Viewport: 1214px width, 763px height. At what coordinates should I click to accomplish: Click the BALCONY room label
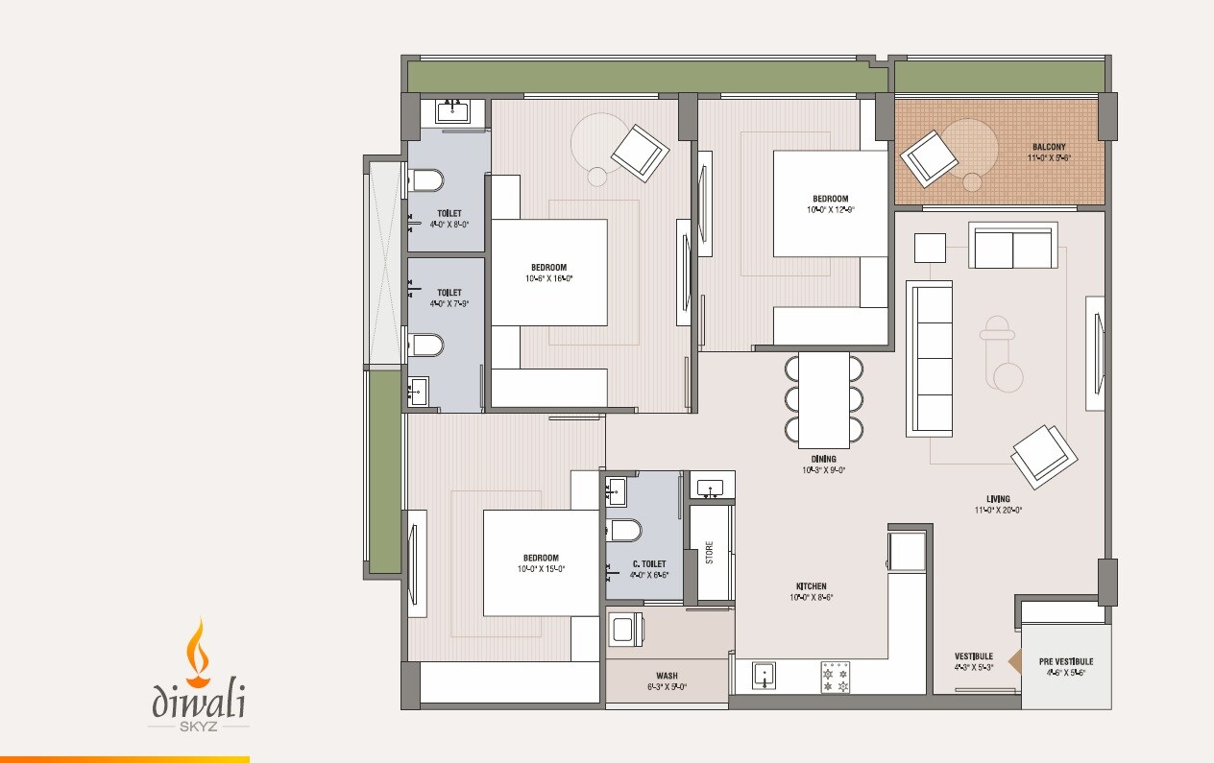pos(1049,147)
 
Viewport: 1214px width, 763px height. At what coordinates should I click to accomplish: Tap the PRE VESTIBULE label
pos(1065,661)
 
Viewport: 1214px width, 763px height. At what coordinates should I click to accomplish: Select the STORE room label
pos(710,553)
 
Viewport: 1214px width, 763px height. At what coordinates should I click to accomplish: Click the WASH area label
pos(667,675)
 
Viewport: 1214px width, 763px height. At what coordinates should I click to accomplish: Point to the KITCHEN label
pos(811,585)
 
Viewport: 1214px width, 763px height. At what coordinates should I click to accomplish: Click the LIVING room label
pos(998,499)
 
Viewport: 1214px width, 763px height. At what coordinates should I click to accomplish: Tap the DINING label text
pos(823,459)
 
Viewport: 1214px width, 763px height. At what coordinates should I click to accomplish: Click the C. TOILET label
pos(648,564)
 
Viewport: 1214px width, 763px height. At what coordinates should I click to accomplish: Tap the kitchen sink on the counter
pos(765,675)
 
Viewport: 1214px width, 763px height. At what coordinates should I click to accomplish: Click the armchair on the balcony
pos(929,156)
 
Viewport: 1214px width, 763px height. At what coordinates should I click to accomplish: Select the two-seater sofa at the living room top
pos(1013,247)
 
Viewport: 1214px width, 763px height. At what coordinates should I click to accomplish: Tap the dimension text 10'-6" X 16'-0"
pos(548,278)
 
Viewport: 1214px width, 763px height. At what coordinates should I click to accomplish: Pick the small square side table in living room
pos(929,248)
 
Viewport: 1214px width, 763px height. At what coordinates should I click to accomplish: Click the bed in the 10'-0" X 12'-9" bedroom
pos(830,203)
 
